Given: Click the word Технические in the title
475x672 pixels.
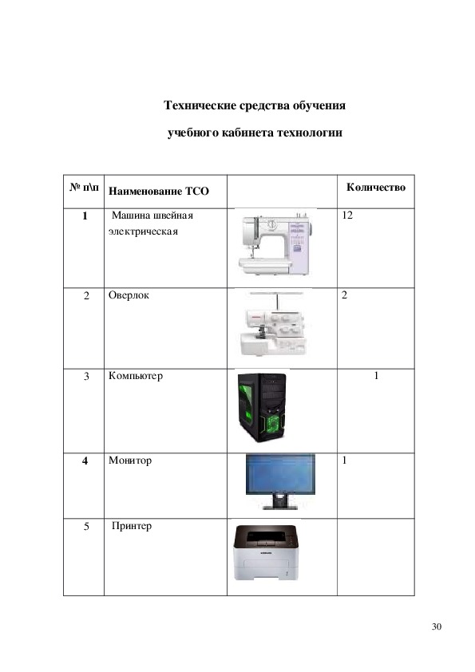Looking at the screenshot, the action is tap(200, 105).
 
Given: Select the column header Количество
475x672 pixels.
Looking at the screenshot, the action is tap(376, 188).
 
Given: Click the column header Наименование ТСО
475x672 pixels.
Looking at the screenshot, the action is tap(159, 191).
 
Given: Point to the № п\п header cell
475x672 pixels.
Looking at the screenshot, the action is tap(84, 188).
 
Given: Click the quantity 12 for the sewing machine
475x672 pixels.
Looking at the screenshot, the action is tap(347, 215).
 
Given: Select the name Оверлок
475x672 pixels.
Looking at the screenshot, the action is tap(129, 295).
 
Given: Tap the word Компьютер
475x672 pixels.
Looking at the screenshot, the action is tap(136, 376).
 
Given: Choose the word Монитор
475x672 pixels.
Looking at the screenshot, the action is tap(130, 461).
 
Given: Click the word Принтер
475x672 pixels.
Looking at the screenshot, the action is tap(132, 526).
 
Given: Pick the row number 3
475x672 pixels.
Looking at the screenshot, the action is tap(86, 376).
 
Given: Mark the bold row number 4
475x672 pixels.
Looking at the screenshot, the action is tap(85, 461).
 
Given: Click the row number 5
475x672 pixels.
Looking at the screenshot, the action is tap(86, 526).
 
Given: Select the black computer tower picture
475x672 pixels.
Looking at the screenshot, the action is tap(262, 408).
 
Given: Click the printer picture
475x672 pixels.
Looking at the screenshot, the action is tap(266, 553).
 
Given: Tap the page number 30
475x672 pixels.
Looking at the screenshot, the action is tap(437, 627).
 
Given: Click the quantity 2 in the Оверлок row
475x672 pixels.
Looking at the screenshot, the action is tap(344, 295).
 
